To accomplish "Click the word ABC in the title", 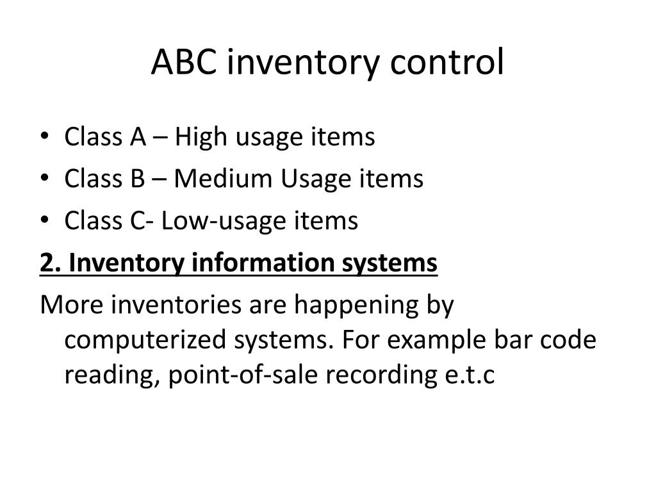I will [x=181, y=63].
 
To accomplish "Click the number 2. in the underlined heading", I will [x=50, y=263].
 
